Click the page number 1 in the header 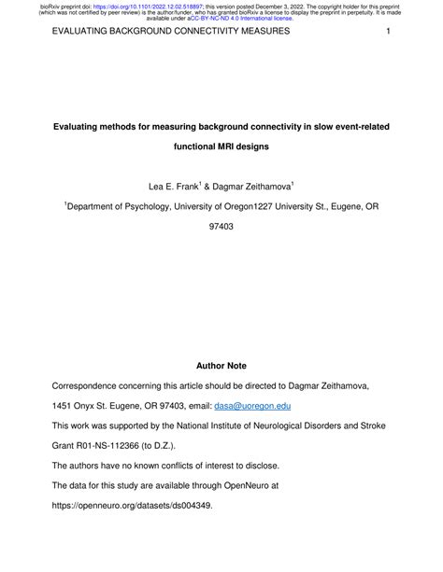(x=386, y=32)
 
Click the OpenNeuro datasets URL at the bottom (x=132, y=535)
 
